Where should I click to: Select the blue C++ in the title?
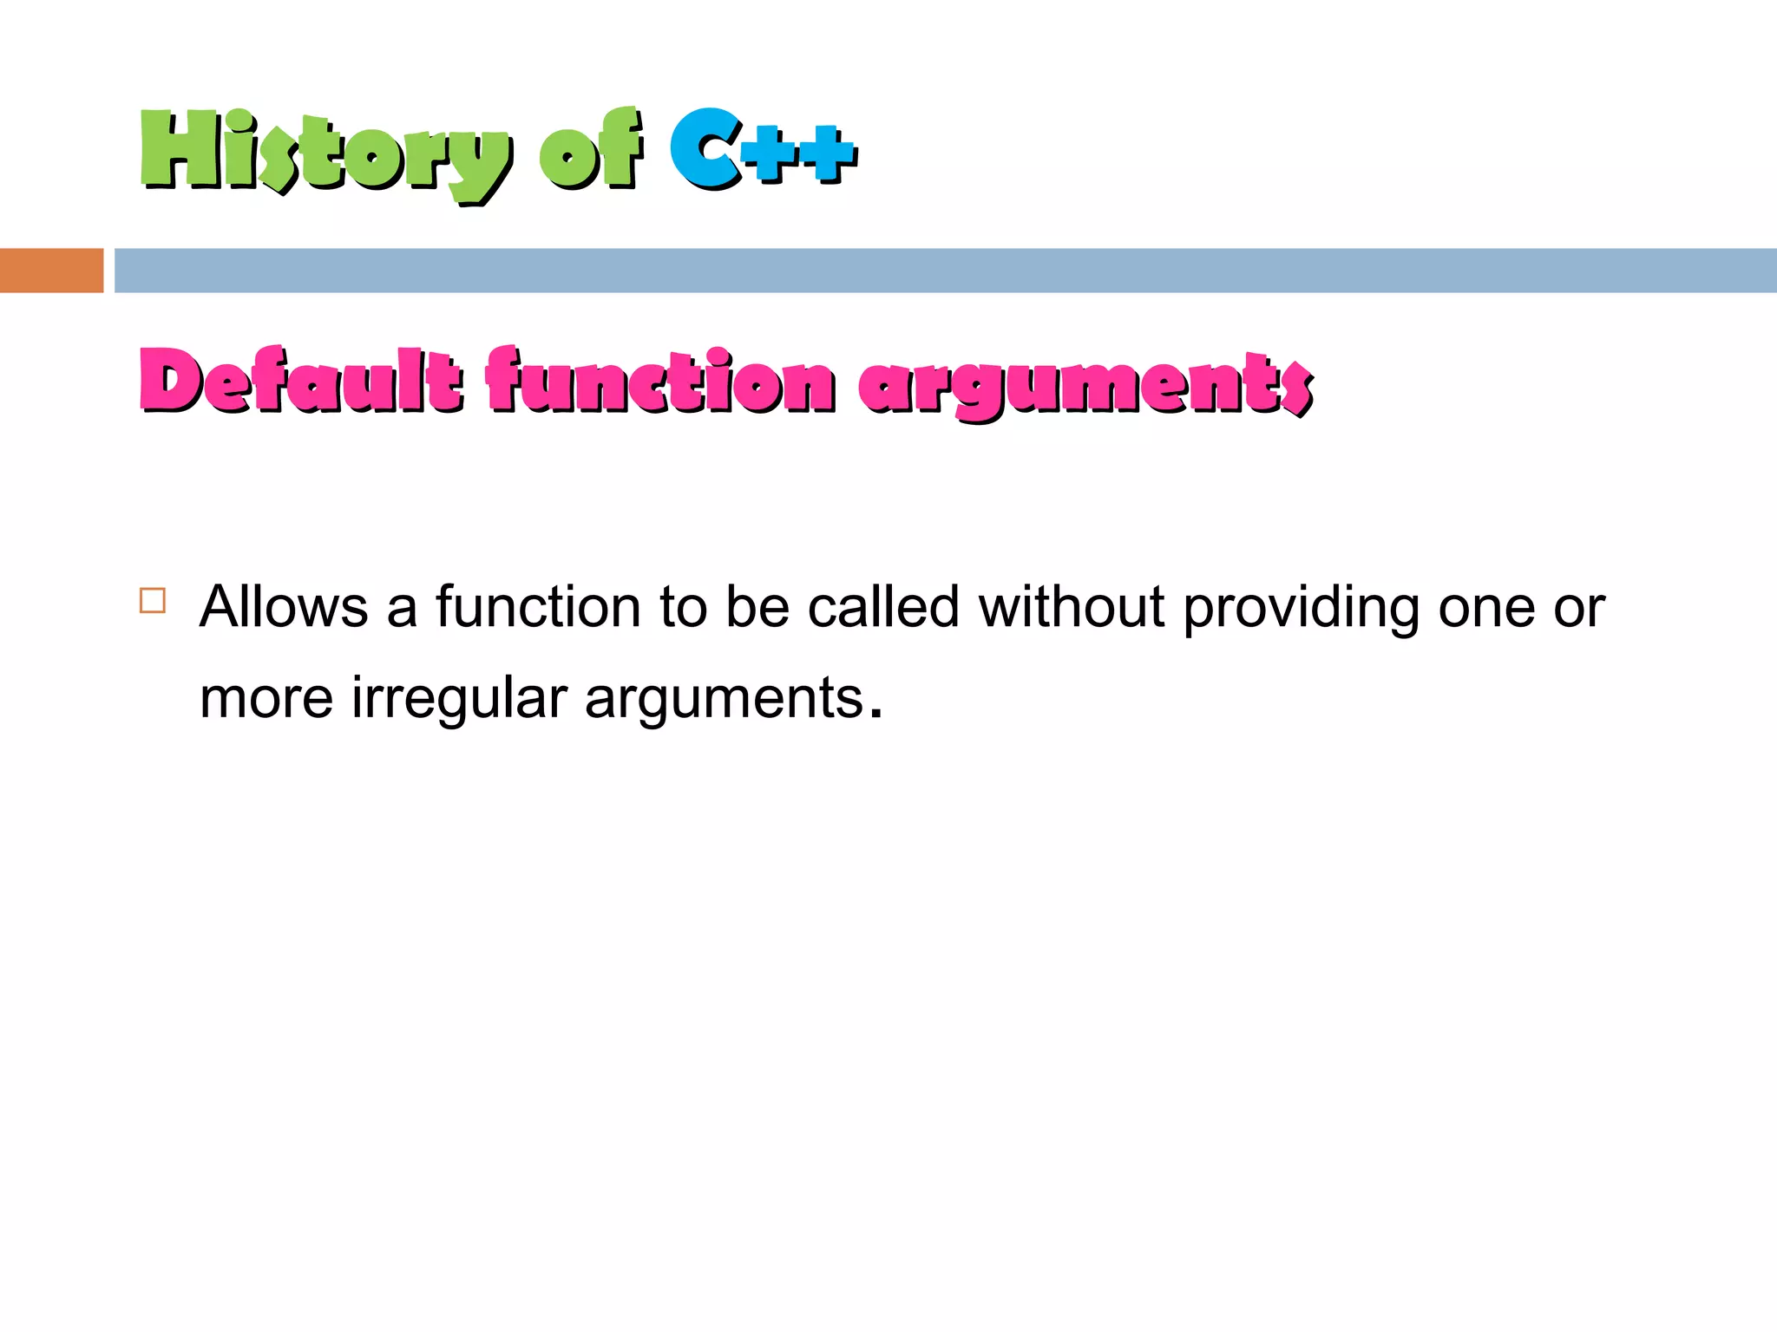[x=763, y=149]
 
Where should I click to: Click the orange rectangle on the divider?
[x=51, y=271]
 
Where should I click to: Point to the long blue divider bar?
[x=945, y=271]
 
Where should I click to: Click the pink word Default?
[x=300, y=382]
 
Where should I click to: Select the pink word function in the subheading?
[x=659, y=382]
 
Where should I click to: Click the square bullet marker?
[x=153, y=601]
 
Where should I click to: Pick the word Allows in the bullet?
[x=284, y=607]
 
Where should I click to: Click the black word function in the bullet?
[x=538, y=607]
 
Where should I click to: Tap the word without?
[x=1071, y=607]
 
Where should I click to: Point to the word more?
[x=266, y=699]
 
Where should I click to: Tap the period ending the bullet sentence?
[x=875, y=715]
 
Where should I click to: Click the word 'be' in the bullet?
[x=757, y=607]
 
